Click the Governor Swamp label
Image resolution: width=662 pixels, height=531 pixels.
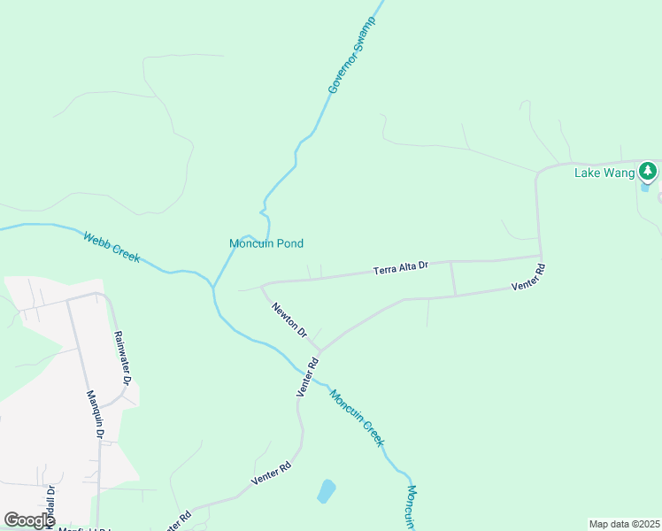(352, 55)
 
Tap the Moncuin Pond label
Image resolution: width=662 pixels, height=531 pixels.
(266, 243)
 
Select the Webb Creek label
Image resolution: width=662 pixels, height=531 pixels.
(112, 247)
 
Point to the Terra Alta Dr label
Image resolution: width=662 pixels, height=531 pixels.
(400, 266)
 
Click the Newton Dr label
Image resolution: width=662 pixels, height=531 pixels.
(289, 320)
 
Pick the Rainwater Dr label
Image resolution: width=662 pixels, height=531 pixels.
(121, 358)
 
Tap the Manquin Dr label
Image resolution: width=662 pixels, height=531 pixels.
(95, 415)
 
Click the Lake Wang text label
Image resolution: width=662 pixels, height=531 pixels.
(604, 173)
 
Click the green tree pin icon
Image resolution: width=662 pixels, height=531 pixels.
(649, 170)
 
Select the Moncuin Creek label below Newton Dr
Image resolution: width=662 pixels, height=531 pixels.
(358, 417)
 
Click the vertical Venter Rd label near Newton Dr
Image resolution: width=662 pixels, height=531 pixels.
(306, 377)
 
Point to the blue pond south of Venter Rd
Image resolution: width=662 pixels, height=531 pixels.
(327, 490)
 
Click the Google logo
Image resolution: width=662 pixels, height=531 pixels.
(29, 520)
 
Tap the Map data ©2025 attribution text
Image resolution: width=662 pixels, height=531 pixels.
(623, 524)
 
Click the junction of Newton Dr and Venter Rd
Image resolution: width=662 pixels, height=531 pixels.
(318, 350)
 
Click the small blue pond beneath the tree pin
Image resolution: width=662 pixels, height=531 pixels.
(645, 187)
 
